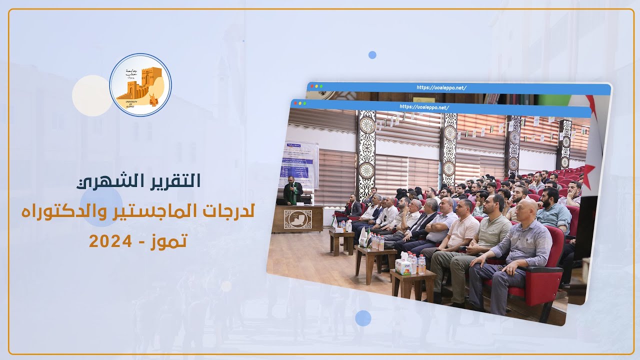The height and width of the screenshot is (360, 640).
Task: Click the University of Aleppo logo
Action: (x=140, y=85)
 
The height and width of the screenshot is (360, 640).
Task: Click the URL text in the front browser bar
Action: (x=424, y=107)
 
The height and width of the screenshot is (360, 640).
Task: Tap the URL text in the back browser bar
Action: (x=441, y=87)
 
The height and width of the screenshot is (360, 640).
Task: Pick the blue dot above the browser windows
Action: (x=372, y=55)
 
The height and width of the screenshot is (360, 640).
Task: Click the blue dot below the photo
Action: (x=363, y=318)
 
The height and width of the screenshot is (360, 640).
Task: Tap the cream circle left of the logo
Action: (x=92, y=95)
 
